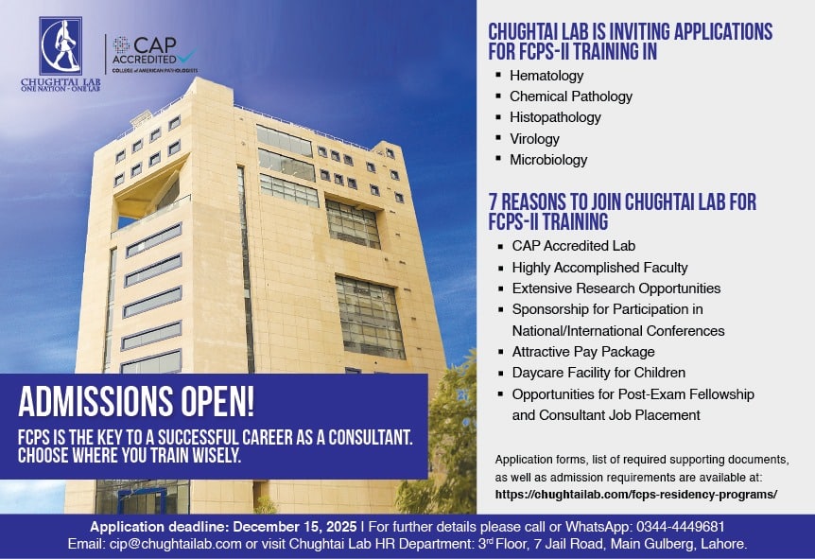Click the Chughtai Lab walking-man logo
(x=61, y=45)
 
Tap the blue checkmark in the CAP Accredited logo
(x=184, y=55)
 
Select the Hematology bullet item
(x=546, y=76)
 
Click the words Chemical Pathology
(x=571, y=96)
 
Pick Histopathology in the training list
(x=555, y=117)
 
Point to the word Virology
(x=534, y=139)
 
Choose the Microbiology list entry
(x=548, y=160)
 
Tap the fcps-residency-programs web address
(x=635, y=495)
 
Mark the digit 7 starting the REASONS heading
(x=493, y=202)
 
